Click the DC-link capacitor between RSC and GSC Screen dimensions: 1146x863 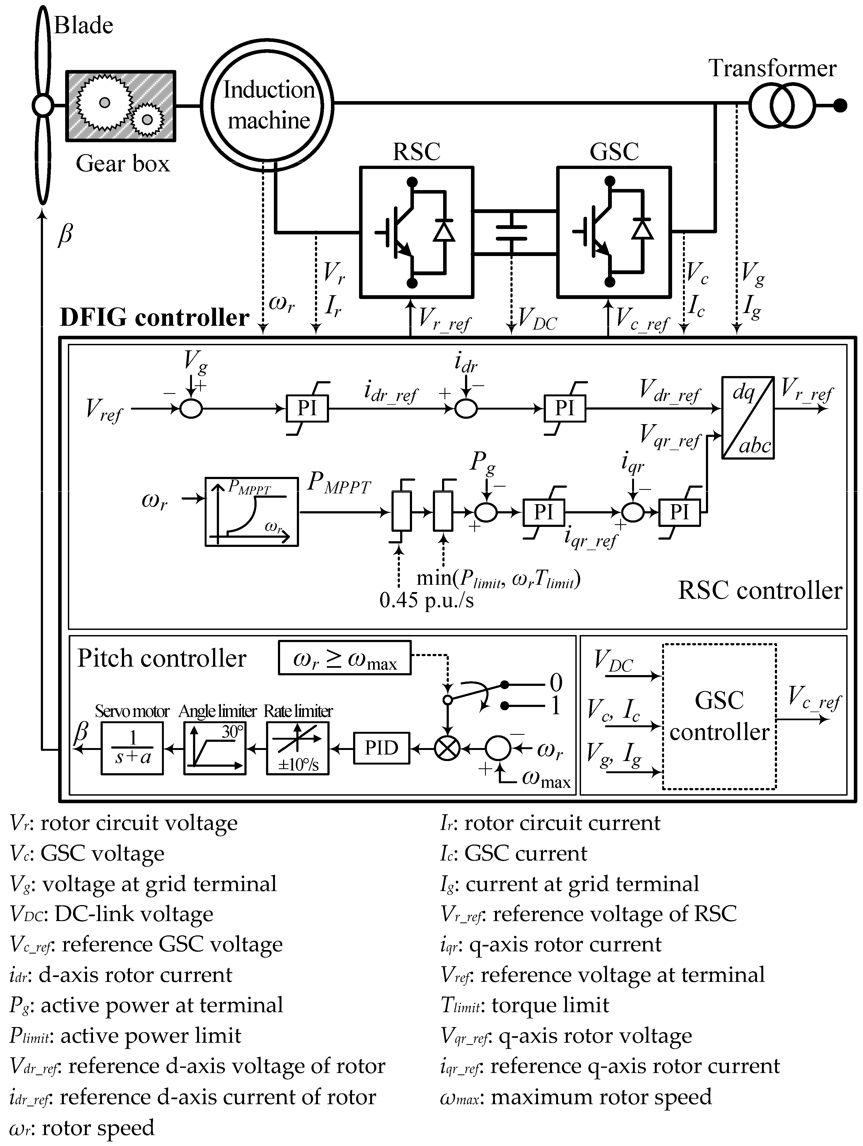[x=511, y=232]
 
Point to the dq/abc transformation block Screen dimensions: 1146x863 [x=748, y=418]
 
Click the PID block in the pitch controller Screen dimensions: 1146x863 [x=381, y=748]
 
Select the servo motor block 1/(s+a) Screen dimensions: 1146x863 [x=132, y=748]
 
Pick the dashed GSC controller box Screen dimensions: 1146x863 [x=719, y=717]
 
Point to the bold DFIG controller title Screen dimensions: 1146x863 [x=154, y=318]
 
